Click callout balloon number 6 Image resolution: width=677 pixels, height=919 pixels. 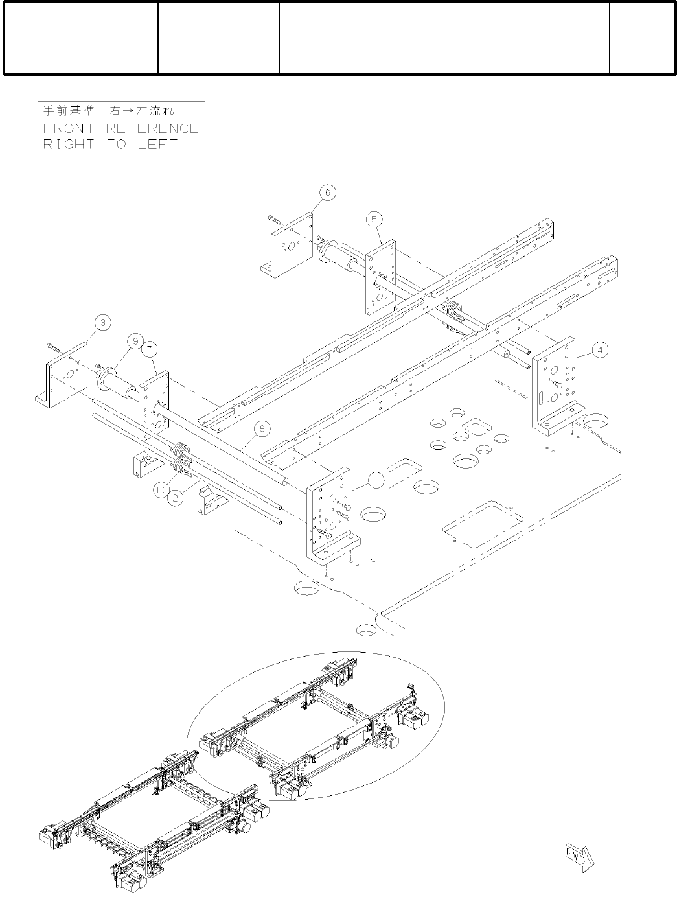pos(327,192)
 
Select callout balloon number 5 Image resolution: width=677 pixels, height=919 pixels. pos(375,219)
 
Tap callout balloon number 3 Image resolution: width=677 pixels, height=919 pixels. pos(103,321)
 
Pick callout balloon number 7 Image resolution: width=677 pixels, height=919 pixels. pos(150,349)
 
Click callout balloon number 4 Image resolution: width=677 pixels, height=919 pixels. pos(601,350)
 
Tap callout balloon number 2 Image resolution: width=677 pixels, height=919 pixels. pos(175,497)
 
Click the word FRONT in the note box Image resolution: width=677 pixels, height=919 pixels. pos(68,128)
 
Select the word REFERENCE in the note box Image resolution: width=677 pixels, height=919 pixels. pos(152,128)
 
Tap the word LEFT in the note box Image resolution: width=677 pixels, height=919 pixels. pos(157,144)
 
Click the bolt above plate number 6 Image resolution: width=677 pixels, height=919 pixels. pos(273,220)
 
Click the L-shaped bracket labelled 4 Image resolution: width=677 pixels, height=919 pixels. pos(556,389)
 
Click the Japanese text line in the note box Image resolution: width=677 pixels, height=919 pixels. pos(109,111)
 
